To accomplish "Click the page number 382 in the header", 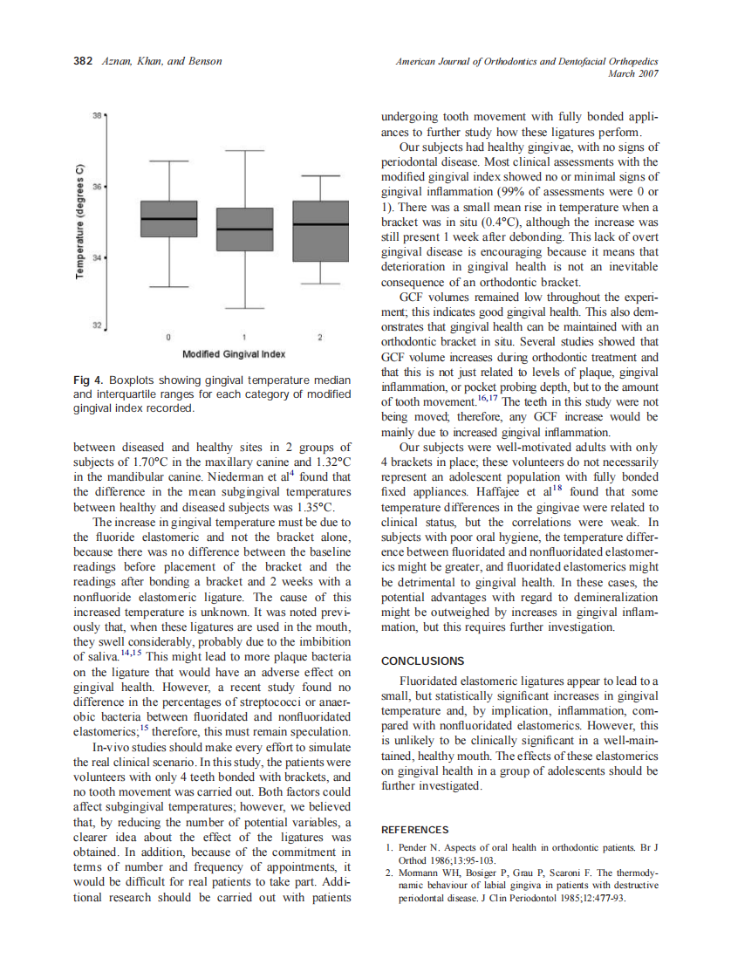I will pyautogui.click(x=82, y=61).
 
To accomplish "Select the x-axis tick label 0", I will pyautogui.click(x=168, y=337).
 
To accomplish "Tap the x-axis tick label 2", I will pyautogui.click(x=320, y=337).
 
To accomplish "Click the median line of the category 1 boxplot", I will pyautogui.click(x=244, y=229).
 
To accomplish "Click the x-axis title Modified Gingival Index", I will pyautogui.click(x=234, y=354).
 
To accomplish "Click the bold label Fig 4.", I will pyautogui.click(x=88, y=380).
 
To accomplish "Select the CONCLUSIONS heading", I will pyautogui.click(x=423, y=661).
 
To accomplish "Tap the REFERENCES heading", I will pyautogui.click(x=415, y=830).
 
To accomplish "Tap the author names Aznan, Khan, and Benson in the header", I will pyautogui.click(x=161, y=61).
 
